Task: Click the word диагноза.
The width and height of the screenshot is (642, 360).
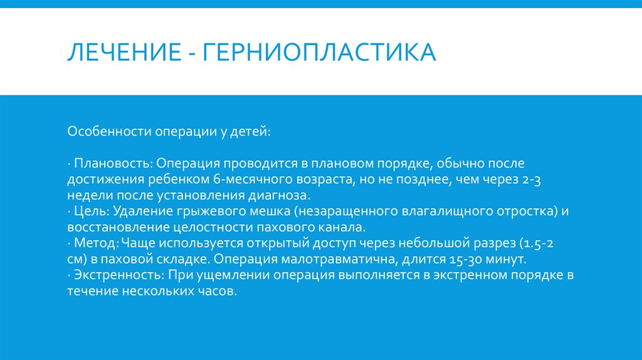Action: coord(275,196)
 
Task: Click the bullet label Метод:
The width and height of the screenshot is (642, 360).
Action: coord(97,243)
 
